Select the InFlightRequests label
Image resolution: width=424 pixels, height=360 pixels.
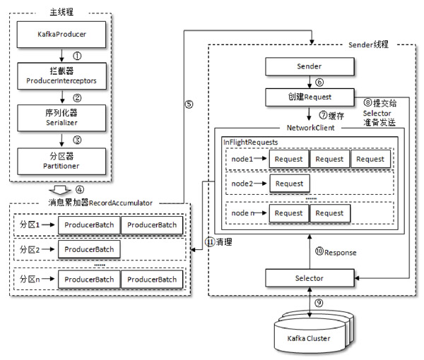250,142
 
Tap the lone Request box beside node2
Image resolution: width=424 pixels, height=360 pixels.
289,184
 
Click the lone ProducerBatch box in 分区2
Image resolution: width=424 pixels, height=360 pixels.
89,249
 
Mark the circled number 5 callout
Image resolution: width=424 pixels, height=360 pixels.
189,104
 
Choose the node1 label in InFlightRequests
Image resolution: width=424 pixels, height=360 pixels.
242,159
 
